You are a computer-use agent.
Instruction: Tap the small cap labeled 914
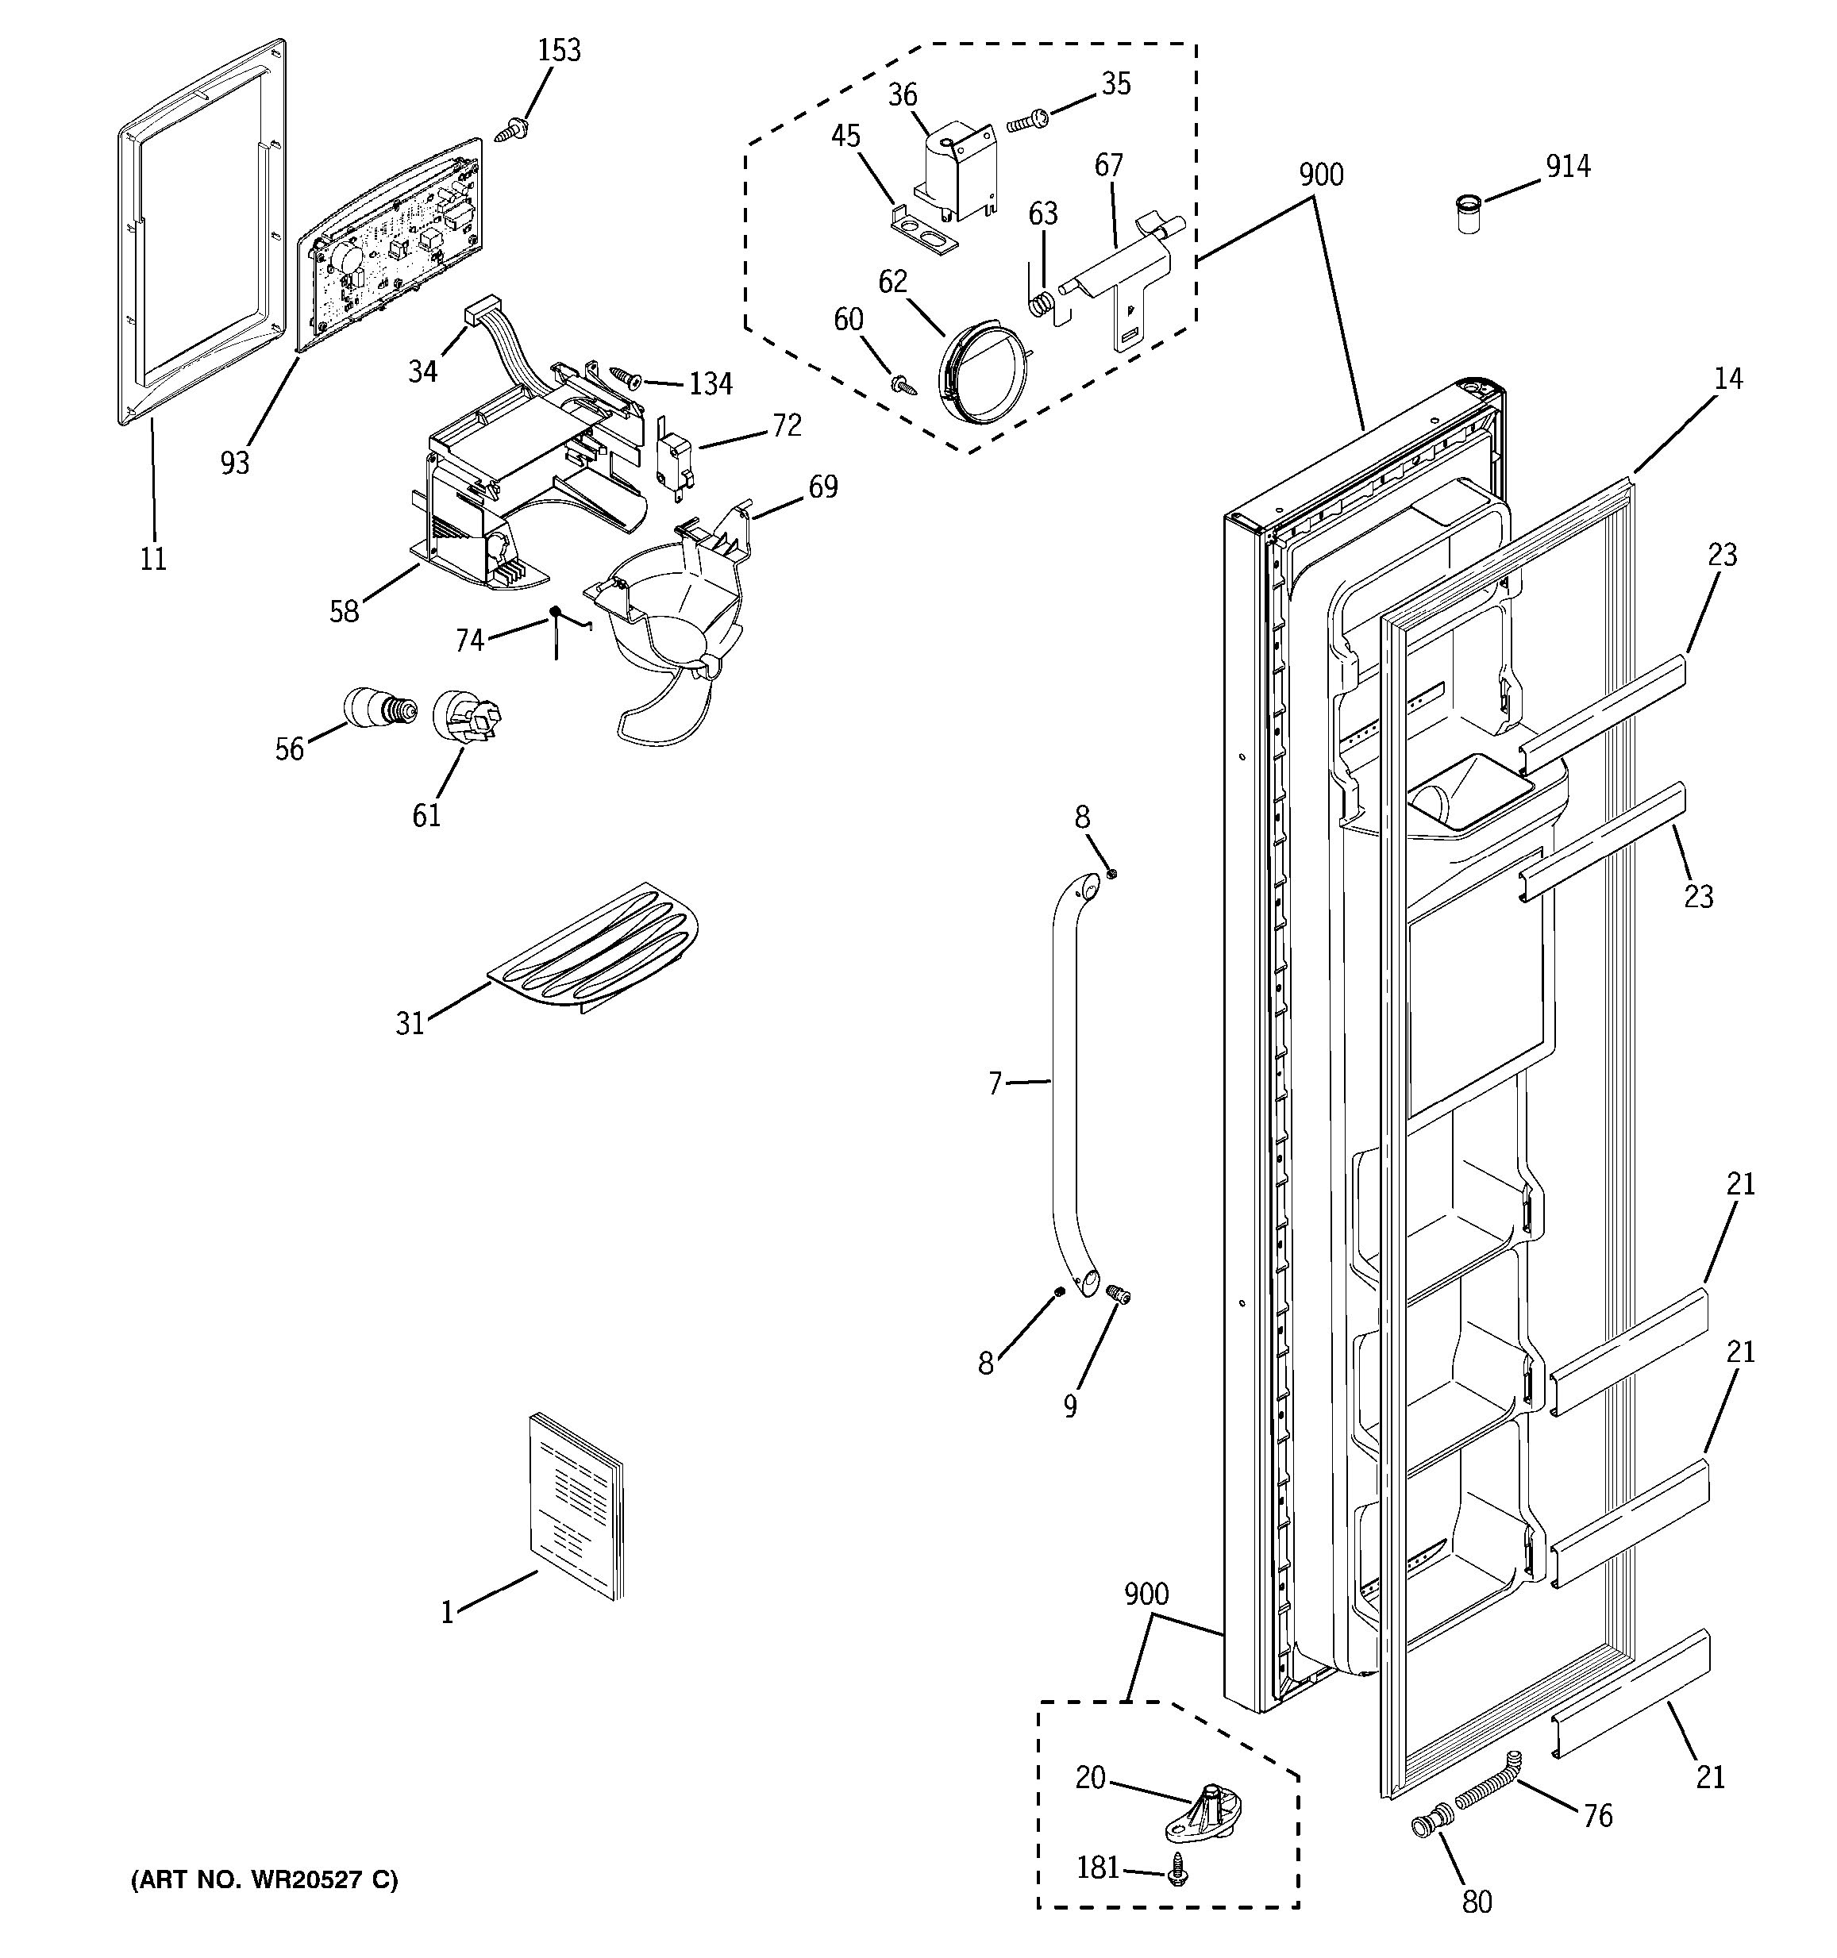pos(1469,213)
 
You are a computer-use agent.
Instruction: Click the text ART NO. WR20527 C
pos(265,1880)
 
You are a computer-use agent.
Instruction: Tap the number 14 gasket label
pos(1727,379)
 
